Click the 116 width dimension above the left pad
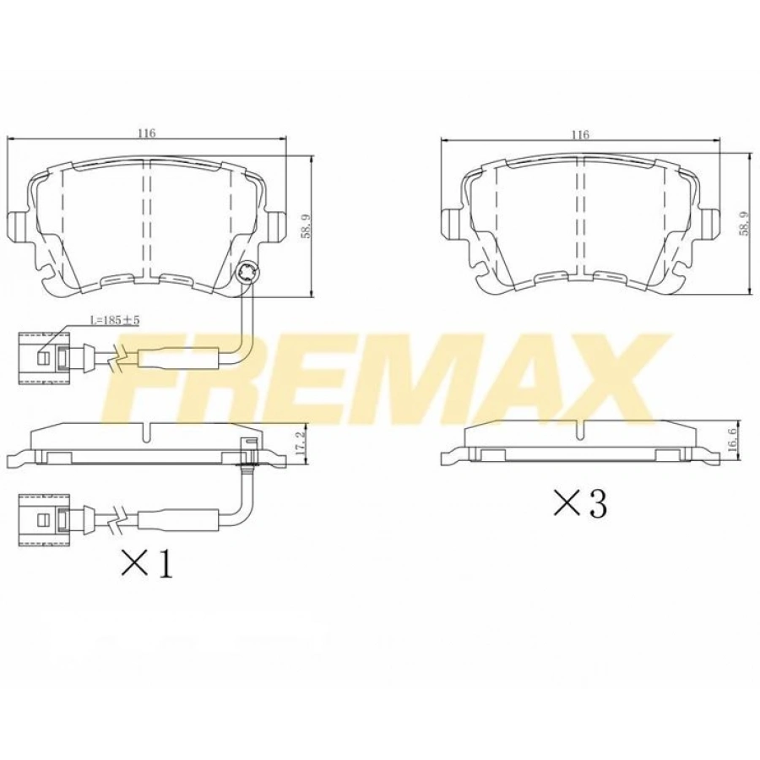[147, 133]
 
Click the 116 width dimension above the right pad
[579, 134]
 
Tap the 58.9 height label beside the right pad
[743, 224]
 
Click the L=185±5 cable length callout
[115, 321]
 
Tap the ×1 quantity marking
[148, 565]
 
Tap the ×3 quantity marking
[580, 504]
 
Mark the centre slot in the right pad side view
[578, 432]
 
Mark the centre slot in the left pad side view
[146, 433]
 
